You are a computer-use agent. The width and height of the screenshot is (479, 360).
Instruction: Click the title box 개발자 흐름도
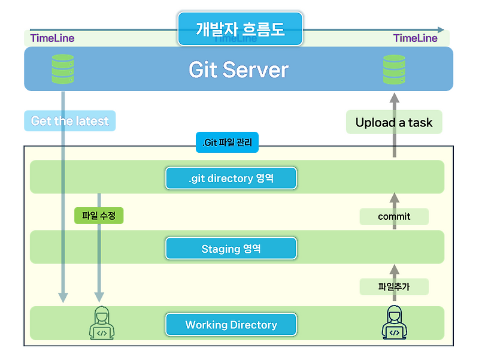(240, 29)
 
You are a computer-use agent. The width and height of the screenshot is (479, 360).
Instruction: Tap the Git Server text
(238, 70)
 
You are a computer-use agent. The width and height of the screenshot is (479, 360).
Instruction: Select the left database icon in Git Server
(63, 69)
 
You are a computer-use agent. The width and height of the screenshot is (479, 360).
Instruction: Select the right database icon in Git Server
(395, 69)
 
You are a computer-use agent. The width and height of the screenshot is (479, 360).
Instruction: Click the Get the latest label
(70, 121)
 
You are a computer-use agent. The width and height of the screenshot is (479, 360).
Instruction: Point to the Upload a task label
(394, 122)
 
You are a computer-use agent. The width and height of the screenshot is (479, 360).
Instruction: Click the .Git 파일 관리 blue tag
(227, 143)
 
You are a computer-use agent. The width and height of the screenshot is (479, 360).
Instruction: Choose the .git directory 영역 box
(231, 178)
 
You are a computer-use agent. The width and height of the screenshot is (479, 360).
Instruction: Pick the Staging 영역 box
(231, 249)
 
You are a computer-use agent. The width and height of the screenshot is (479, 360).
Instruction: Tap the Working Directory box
(231, 325)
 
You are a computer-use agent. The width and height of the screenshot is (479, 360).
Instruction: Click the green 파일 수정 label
(99, 216)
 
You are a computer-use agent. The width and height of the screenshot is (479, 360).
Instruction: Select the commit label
(394, 216)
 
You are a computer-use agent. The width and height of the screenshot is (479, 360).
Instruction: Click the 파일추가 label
(394, 287)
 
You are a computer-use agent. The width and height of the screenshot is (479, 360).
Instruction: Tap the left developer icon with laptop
(102, 323)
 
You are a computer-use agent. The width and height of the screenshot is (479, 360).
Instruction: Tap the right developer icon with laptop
(394, 323)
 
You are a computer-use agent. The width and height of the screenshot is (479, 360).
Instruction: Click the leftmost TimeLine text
(52, 38)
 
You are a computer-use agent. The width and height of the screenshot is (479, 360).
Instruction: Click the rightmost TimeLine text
(415, 38)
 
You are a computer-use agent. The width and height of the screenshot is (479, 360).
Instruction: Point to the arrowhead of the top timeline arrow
(441, 29)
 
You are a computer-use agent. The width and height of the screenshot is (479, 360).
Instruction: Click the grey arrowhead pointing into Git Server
(394, 98)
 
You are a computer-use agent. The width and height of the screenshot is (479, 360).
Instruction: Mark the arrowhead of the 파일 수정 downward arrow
(99, 297)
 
